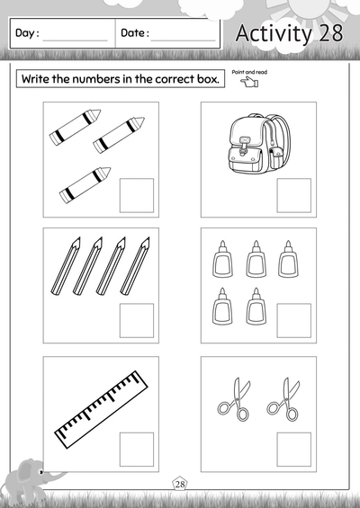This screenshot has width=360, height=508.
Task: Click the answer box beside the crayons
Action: pos(137,195)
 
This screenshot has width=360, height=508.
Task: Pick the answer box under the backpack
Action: pos(293,195)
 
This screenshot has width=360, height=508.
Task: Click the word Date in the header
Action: pos(133,34)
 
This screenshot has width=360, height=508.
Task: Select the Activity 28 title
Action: pos(287,33)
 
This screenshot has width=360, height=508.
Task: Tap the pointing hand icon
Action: pos(249,84)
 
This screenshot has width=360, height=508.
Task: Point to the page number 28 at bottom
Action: pos(180,486)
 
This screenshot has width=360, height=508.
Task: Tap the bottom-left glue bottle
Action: pos(221,307)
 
